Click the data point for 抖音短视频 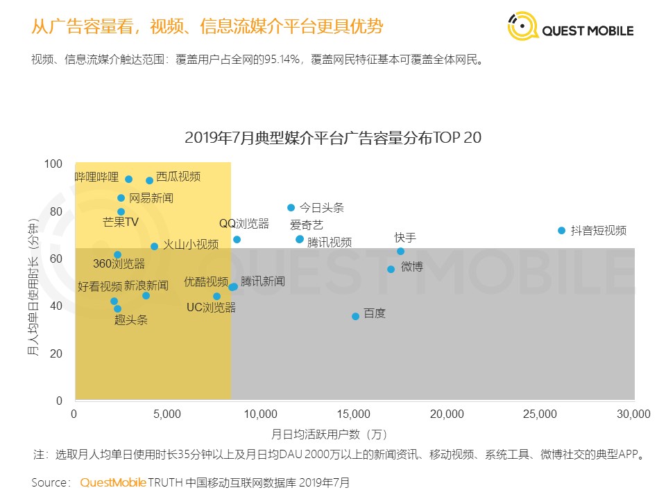562,230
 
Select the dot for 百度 356,316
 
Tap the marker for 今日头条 291,207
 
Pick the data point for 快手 400,251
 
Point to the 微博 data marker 391,269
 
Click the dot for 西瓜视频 149,180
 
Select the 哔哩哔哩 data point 128,179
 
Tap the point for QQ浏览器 237,239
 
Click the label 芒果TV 121,222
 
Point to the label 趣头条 131,320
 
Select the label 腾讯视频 329,243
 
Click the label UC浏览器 211,308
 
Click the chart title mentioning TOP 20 333,138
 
